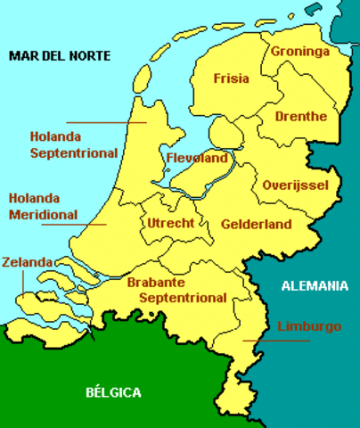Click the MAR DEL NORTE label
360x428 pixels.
pyautogui.click(x=60, y=55)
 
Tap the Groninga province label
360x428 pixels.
pyautogui.click(x=300, y=51)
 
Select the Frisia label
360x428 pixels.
pyautogui.click(x=231, y=78)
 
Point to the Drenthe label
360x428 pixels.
pyautogui.click(x=301, y=117)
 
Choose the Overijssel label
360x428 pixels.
pyautogui.click(x=296, y=185)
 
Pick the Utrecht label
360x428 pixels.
pyautogui.click(x=171, y=222)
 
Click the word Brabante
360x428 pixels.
pyautogui.click(x=158, y=282)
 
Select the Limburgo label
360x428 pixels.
pyautogui.click(x=309, y=326)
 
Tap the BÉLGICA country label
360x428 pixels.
pyautogui.click(x=113, y=391)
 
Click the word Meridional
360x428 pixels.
pyautogui.click(x=39, y=214)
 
